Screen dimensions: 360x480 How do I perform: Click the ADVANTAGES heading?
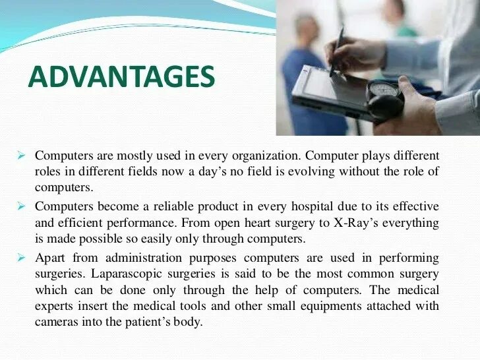tap(122, 78)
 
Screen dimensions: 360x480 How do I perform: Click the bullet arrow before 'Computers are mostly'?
tap(20, 157)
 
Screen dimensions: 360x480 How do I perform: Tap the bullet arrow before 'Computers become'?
tap(20, 207)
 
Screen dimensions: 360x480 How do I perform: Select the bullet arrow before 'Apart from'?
tap(20, 256)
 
